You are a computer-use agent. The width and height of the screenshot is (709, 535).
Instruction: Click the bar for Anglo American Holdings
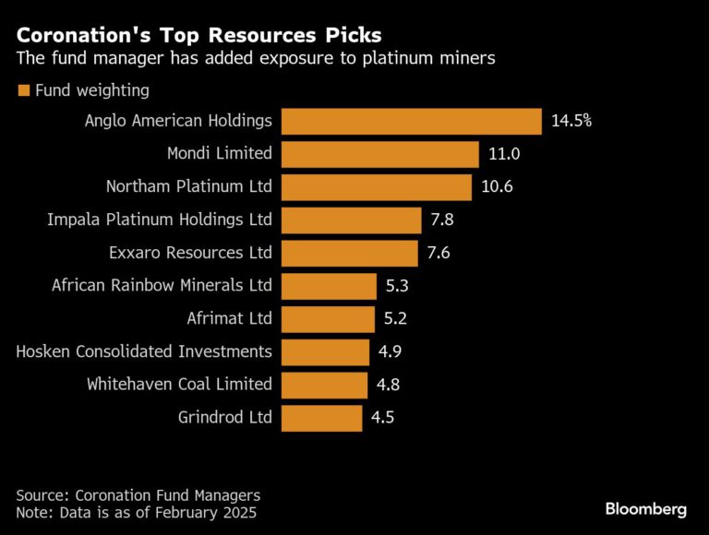point(411,121)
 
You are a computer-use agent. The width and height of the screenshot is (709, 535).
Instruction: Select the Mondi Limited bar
point(379,154)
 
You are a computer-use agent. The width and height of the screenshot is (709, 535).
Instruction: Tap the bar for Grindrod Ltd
point(321,418)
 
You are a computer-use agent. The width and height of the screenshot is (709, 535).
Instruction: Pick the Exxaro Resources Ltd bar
point(349,253)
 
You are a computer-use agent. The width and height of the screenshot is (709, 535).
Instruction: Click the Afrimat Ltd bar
point(327,319)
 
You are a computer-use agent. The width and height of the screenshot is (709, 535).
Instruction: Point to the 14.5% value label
point(571,121)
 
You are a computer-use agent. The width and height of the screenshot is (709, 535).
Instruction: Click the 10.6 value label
point(497,187)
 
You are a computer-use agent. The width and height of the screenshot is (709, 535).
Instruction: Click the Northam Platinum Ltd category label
point(189,187)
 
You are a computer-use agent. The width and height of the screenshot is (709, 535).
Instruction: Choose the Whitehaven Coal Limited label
point(179,385)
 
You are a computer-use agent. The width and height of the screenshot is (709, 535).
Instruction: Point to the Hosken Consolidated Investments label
point(144,351)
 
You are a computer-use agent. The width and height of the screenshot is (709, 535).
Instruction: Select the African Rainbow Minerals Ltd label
point(162,286)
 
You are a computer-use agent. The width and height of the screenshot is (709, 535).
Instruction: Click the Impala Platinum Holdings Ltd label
point(160,220)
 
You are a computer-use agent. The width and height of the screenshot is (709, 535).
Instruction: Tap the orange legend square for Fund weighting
point(23,91)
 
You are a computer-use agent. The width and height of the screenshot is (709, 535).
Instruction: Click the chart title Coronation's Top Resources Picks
point(198,36)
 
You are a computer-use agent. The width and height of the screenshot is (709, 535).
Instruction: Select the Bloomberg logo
point(645,508)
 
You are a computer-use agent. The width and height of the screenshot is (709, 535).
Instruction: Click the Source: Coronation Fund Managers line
point(138,494)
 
